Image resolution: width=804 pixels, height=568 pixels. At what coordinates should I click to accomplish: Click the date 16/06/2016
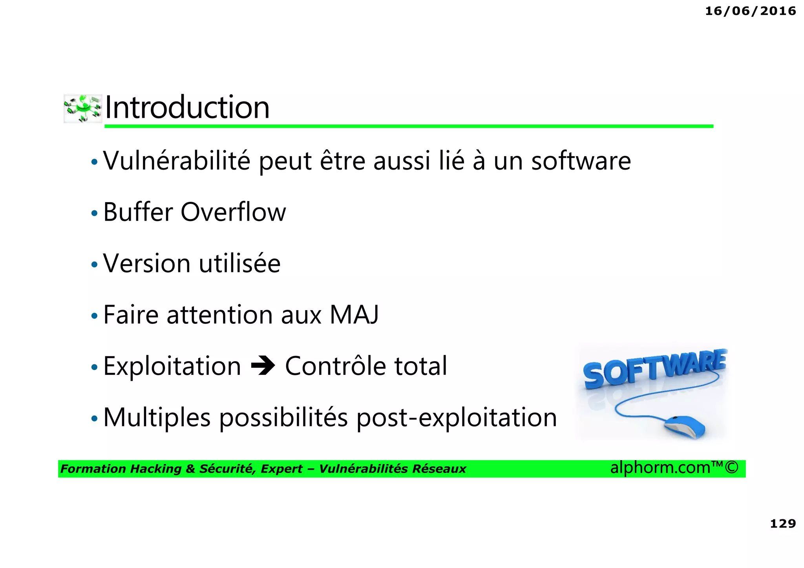click(750, 11)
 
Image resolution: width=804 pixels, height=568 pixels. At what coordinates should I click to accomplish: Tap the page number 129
click(783, 523)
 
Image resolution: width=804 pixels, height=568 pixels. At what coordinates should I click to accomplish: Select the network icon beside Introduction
click(83, 108)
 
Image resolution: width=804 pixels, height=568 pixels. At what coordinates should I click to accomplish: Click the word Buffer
click(138, 212)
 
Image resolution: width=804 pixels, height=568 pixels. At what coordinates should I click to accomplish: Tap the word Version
click(147, 263)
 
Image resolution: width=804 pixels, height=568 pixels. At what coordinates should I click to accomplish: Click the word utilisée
click(239, 263)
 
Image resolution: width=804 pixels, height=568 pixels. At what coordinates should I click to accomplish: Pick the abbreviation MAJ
click(354, 314)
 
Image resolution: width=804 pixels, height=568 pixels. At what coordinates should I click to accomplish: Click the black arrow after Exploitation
click(263, 366)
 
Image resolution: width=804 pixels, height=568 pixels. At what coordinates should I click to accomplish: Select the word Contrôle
click(336, 366)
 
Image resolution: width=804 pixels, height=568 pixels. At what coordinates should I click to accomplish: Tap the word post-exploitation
click(457, 417)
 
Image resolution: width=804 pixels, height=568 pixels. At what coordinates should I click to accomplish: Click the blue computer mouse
click(685, 427)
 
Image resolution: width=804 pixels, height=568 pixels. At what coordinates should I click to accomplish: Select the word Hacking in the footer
click(155, 469)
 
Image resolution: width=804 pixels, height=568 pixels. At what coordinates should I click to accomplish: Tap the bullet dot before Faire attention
click(94, 316)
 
